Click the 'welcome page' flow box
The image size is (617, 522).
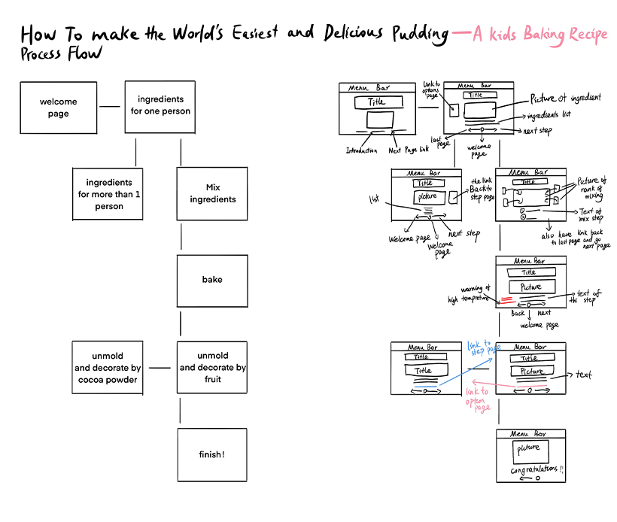pyautogui.click(x=59, y=108)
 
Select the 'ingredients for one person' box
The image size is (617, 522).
pyautogui.click(x=160, y=105)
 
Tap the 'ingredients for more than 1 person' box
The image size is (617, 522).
pyautogui.click(x=108, y=194)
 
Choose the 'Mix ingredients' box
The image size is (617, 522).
pyautogui.click(x=212, y=193)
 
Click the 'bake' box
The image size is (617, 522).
pyautogui.click(x=212, y=280)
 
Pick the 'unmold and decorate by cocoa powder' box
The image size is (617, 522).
pyautogui.click(x=108, y=367)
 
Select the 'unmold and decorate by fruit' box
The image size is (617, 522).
pyautogui.click(x=212, y=367)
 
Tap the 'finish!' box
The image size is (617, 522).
pyautogui.click(x=212, y=454)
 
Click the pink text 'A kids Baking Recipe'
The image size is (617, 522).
pyautogui.click(x=539, y=35)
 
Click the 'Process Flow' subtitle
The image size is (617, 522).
pyautogui.click(x=61, y=54)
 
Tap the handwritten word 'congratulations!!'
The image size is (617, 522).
pyautogui.click(x=537, y=469)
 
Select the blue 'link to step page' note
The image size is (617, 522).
pyautogui.click(x=483, y=346)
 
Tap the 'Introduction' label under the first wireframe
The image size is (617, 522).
pyautogui.click(x=362, y=150)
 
